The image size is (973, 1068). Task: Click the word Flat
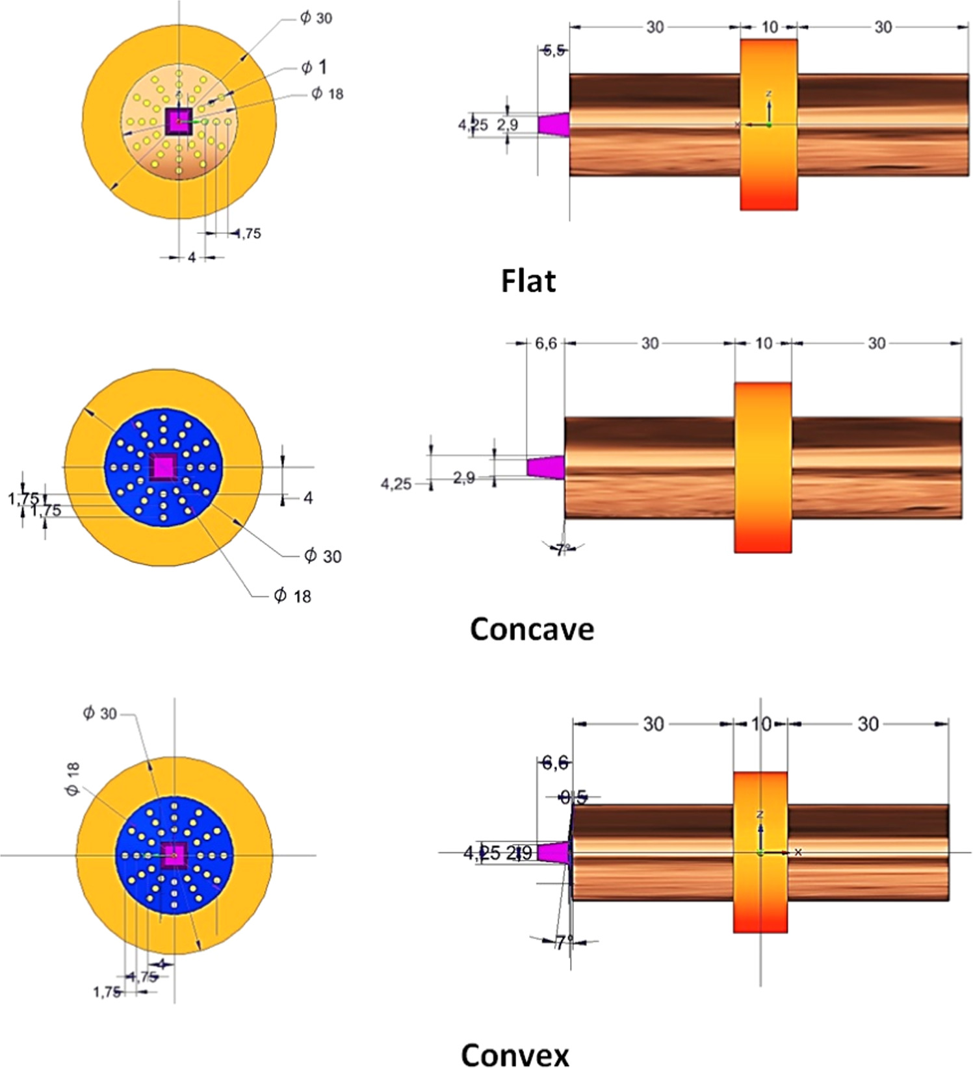[x=528, y=281]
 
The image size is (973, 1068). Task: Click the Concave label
[x=532, y=629]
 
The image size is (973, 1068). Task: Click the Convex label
[x=515, y=1054]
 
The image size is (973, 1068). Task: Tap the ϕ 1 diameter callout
[x=314, y=67]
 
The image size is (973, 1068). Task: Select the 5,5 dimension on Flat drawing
[x=554, y=51]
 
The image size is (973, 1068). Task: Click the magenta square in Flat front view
[x=179, y=121]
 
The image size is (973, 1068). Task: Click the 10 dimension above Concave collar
[x=764, y=343]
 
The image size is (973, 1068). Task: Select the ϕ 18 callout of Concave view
[x=292, y=595]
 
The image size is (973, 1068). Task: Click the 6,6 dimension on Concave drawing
[x=546, y=343]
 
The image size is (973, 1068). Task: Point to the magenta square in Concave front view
[x=163, y=466]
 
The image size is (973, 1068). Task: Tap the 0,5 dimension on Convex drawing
[x=573, y=797]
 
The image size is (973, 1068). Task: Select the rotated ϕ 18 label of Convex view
[x=72, y=779]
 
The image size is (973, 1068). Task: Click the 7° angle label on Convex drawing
[x=564, y=941]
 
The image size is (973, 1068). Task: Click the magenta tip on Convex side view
[x=553, y=852]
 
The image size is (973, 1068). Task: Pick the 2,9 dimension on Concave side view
[x=464, y=478]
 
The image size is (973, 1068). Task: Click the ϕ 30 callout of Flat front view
[x=316, y=18]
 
